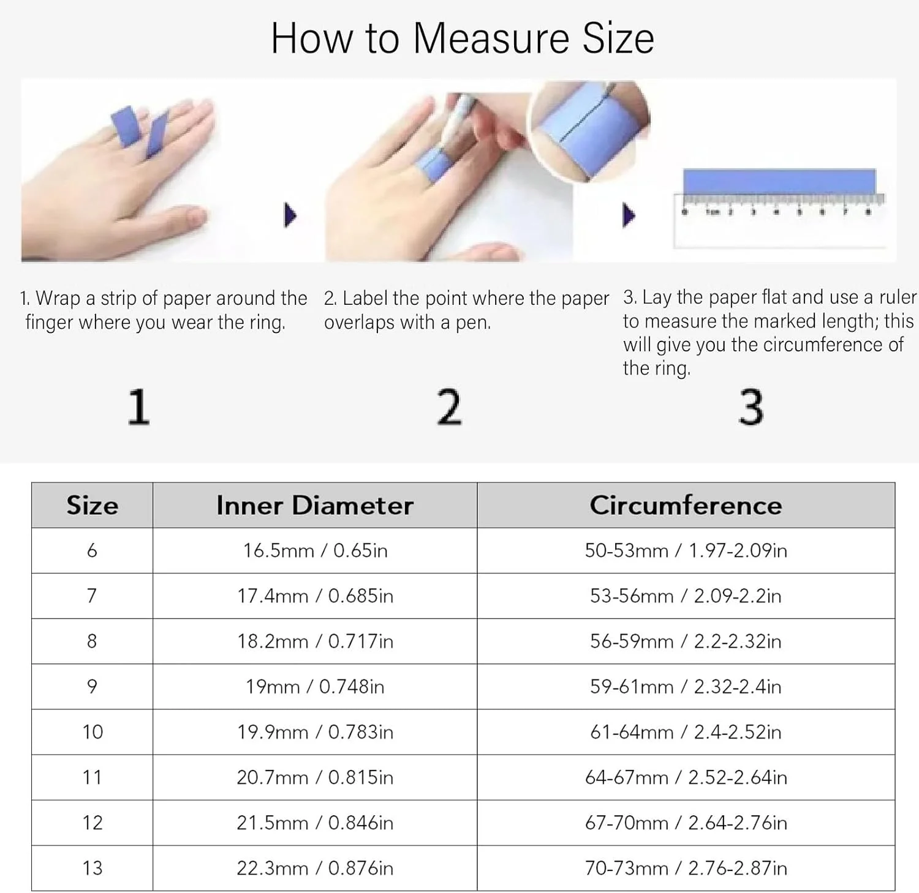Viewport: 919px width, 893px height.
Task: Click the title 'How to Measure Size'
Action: pyautogui.click(x=463, y=38)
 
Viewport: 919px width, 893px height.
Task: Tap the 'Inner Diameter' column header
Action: pyautogui.click(x=315, y=506)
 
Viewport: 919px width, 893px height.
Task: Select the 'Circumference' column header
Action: pyautogui.click(x=686, y=506)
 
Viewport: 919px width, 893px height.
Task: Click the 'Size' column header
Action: pyautogui.click(x=92, y=506)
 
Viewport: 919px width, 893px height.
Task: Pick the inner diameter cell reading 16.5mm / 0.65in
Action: pyautogui.click(x=315, y=550)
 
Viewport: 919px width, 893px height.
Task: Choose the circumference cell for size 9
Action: pyautogui.click(x=686, y=686)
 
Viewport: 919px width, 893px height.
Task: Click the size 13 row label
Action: pyautogui.click(x=92, y=867)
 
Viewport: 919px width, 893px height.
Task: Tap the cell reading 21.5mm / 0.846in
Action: pyautogui.click(x=315, y=822)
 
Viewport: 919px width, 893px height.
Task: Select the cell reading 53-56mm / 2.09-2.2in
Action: pyautogui.click(x=686, y=596)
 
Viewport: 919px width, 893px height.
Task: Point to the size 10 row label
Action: pyautogui.click(x=92, y=731)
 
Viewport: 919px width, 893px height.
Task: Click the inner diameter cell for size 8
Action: pyautogui.click(x=315, y=641)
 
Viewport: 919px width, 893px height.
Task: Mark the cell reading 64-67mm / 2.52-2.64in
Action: pyautogui.click(x=686, y=777)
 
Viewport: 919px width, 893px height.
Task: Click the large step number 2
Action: pyautogui.click(x=449, y=407)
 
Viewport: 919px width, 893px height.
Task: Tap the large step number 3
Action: pyautogui.click(x=751, y=407)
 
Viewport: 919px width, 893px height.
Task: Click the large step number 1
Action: pyautogui.click(x=138, y=407)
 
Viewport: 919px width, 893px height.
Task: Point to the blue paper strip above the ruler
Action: pyautogui.click(x=779, y=182)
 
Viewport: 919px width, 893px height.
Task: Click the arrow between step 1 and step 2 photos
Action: pyautogui.click(x=290, y=215)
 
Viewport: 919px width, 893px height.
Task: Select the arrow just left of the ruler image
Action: pyautogui.click(x=629, y=215)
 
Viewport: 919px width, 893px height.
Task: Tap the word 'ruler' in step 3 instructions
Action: pyautogui.click(x=898, y=297)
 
